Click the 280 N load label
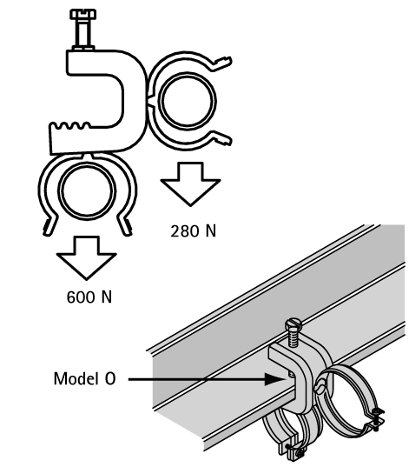click(x=194, y=230)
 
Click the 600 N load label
click(x=89, y=297)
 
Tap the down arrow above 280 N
click(x=190, y=183)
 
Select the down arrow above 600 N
click(x=86, y=258)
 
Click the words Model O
click(x=84, y=379)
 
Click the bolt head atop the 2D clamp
click(x=83, y=14)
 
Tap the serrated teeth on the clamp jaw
click(x=70, y=126)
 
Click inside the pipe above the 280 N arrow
click(x=187, y=101)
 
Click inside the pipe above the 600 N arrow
click(x=87, y=191)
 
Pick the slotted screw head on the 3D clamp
click(x=294, y=324)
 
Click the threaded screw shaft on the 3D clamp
click(x=294, y=338)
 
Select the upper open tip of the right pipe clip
click(x=224, y=62)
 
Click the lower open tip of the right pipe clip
click(x=225, y=140)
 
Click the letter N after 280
click(x=211, y=230)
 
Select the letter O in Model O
click(x=110, y=379)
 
